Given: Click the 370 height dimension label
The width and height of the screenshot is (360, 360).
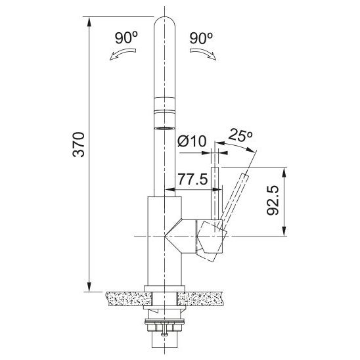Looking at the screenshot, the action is (79, 145).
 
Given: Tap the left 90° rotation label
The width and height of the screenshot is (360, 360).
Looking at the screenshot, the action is (126, 38).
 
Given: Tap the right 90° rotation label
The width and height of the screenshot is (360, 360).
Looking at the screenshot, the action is (201, 38).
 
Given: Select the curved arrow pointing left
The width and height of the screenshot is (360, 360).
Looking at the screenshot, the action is (123, 54).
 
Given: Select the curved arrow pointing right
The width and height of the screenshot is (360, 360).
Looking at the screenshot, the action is (203, 54).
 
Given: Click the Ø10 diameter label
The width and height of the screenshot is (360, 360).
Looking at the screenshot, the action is (192, 141).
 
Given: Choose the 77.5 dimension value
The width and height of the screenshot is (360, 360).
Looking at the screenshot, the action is (193, 179).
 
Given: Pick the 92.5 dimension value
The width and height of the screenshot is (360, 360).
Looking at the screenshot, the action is (273, 200).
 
